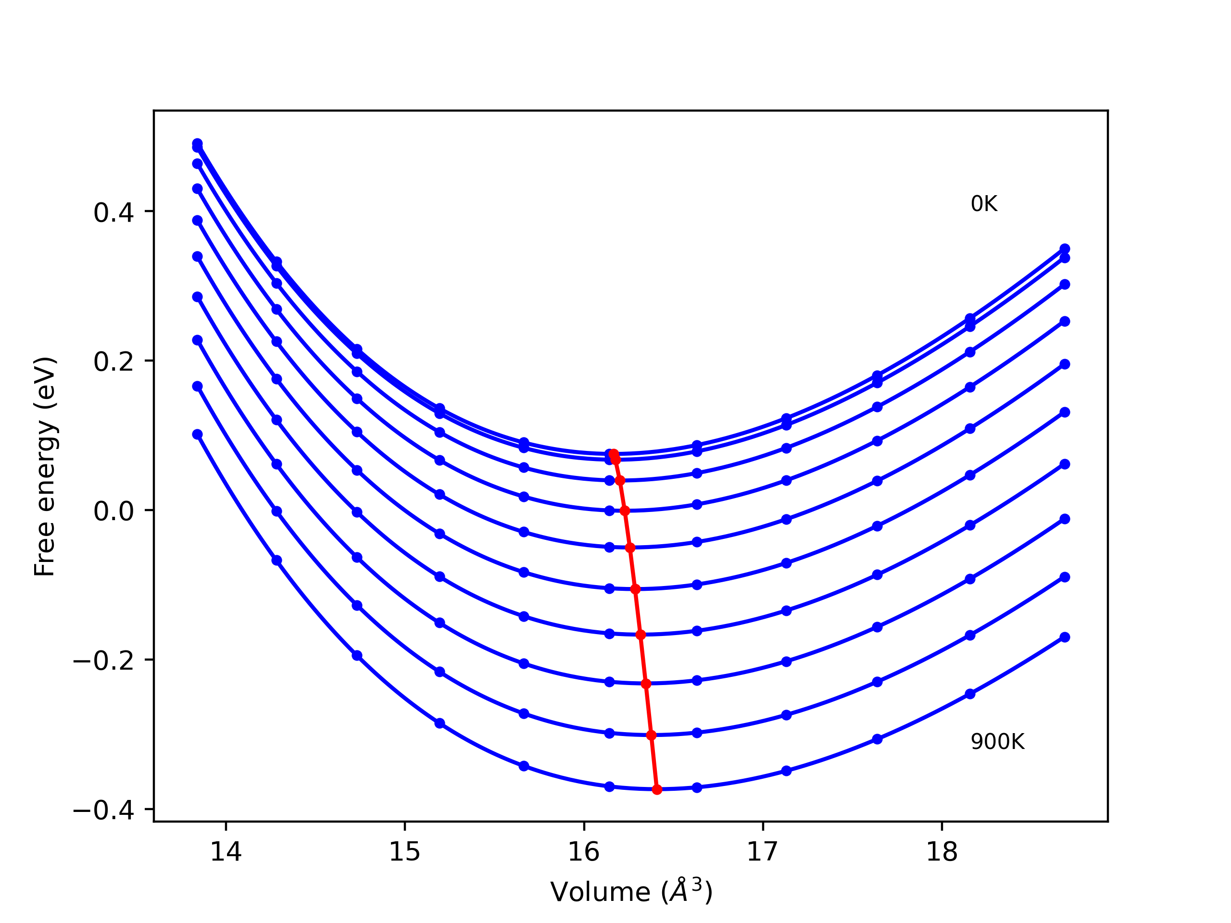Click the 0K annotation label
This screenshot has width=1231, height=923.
pos(984,204)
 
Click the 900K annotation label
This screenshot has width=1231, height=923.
pos(997,742)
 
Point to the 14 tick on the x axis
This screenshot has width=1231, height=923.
pos(226,852)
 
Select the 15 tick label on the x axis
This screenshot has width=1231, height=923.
pos(404,852)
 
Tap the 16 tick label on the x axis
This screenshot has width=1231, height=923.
pos(584,852)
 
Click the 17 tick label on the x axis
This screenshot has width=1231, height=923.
pos(763,852)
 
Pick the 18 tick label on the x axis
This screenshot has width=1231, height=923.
pos(942,852)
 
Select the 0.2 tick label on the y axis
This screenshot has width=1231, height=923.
pos(114,362)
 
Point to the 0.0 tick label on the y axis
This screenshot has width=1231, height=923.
pos(114,512)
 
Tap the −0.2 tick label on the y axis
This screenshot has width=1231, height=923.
pos(103,661)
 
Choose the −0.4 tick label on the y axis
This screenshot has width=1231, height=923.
pos(103,811)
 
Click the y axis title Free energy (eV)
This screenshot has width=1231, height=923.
pos(45,466)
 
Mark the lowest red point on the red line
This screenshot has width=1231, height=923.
pos(657,789)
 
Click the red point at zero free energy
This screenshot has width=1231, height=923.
pos(625,511)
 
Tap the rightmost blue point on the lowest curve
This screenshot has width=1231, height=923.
pos(1065,637)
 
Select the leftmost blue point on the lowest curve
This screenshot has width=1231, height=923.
pos(198,435)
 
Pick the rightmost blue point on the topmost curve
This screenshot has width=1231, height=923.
pos(1065,249)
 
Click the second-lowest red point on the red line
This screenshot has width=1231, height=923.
pos(652,736)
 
